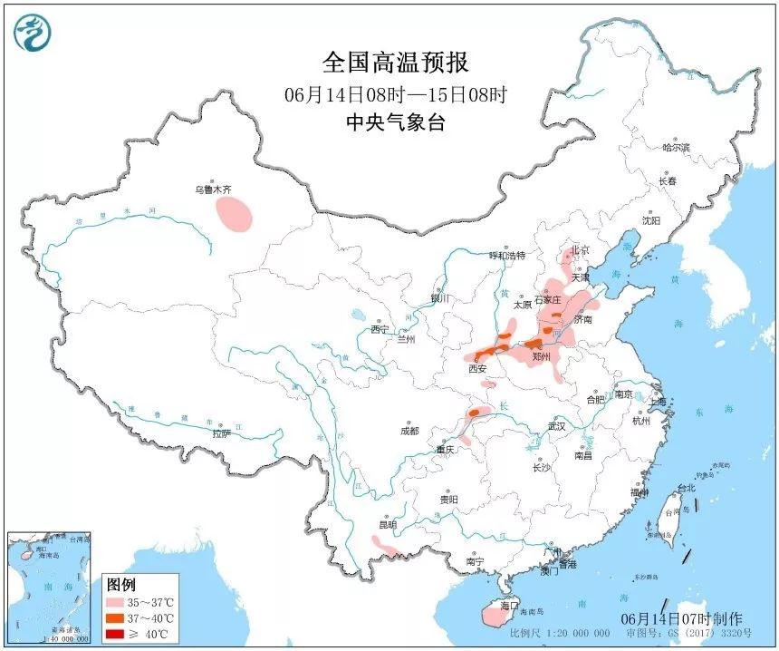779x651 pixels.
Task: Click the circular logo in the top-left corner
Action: pyautogui.click(x=34, y=33)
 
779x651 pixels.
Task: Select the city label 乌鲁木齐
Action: pyautogui.click(x=214, y=190)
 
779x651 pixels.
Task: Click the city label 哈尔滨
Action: pyautogui.click(x=676, y=147)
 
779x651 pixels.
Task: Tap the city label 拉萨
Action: pyautogui.click(x=222, y=433)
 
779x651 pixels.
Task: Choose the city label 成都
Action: pyautogui.click(x=409, y=431)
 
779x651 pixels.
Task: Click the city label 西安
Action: pyautogui.click(x=477, y=369)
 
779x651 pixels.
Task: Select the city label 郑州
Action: pyautogui.click(x=542, y=358)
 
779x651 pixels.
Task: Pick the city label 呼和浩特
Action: pyautogui.click(x=507, y=257)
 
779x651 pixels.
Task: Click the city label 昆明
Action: pyautogui.click(x=388, y=524)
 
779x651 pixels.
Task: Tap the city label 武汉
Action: pyautogui.click(x=556, y=425)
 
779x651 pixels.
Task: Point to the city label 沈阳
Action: pyautogui.click(x=650, y=220)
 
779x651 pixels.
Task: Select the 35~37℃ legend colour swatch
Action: pyautogui.click(x=114, y=602)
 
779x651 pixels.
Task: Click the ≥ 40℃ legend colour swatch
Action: pyautogui.click(x=114, y=632)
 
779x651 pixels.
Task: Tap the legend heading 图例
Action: pyautogui.click(x=120, y=583)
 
